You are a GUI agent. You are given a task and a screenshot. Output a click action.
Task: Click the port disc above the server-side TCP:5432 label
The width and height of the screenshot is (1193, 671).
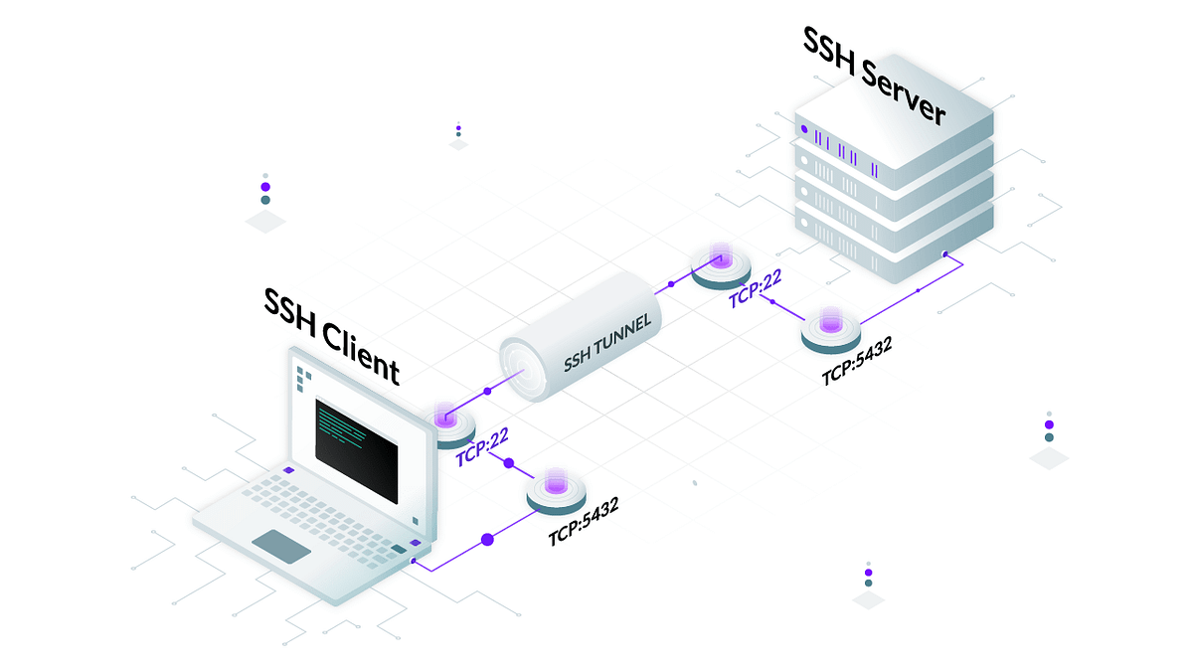coord(832,329)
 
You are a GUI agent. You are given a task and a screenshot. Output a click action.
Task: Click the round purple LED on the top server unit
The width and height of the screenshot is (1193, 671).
coord(803,128)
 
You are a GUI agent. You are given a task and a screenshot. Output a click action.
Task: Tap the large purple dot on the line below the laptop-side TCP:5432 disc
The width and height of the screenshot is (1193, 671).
coord(487,540)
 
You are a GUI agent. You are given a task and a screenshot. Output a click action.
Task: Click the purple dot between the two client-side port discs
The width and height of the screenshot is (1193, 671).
coord(509,463)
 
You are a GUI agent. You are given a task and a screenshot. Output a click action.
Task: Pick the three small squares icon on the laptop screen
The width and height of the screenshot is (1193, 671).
coord(302,378)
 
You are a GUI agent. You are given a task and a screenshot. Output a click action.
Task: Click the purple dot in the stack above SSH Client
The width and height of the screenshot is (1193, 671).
coord(265,186)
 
